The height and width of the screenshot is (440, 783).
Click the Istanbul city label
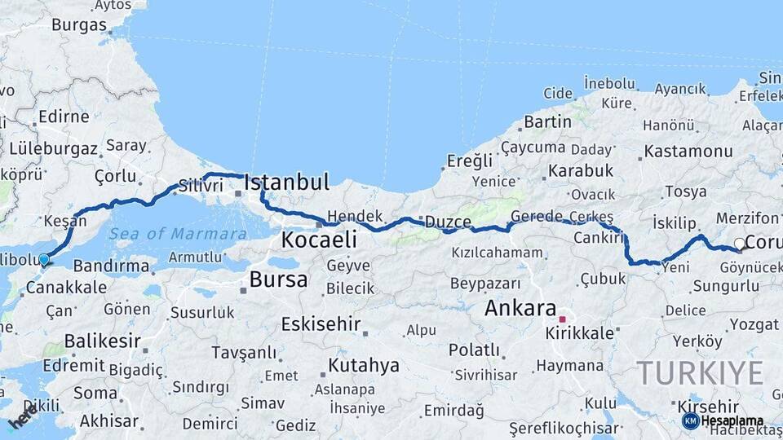(x=287, y=182)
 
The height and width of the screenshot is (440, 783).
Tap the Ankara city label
(x=520, y=309)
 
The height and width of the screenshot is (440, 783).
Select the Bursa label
(x=279, y=280)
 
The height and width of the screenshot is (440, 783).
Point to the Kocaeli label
(x=319, y=240)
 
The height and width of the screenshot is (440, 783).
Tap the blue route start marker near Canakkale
(x=44, y=260)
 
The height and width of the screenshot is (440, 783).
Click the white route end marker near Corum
(x=739, y=243)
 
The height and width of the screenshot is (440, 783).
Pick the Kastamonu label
(x=688, y=152)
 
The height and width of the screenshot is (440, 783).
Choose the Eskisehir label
(x=321, y=324)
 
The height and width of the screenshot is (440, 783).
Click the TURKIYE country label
(x=700, y=373)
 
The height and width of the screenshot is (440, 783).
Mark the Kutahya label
(x=364, y=365)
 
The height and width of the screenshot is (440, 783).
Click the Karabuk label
(x=580, y=171)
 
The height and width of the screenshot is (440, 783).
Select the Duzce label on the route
(x=448, y=222)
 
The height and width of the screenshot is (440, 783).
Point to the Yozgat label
(x=754, y=325)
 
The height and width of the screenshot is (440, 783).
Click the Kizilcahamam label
(x=497, y=253)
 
